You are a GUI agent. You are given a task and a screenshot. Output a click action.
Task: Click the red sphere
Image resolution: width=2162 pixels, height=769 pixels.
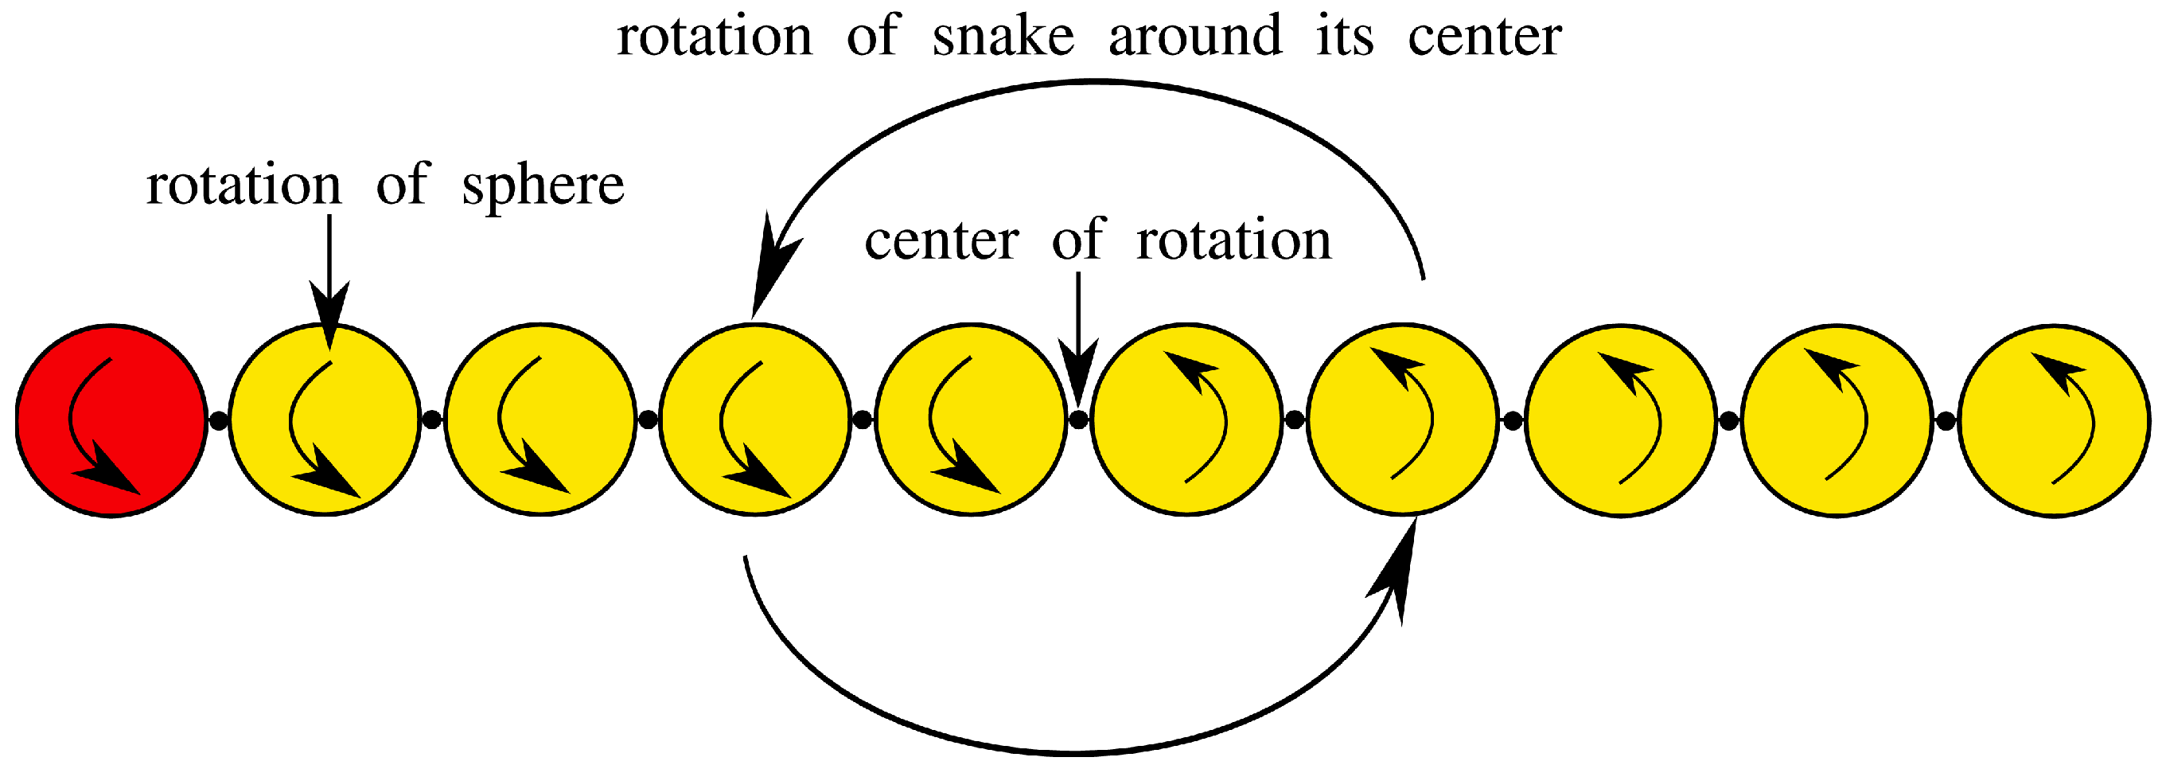111,420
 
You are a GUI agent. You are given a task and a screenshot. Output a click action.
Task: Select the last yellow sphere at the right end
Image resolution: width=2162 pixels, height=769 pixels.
2054,420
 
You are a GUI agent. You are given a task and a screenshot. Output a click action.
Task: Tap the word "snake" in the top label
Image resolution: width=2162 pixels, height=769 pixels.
1003,37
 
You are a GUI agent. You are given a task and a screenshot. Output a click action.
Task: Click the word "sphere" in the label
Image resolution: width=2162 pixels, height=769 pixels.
543,185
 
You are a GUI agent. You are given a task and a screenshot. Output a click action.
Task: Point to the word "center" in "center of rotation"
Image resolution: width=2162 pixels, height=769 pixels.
941,241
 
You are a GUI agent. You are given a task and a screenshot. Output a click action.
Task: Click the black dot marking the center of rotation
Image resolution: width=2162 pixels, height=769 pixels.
1078,418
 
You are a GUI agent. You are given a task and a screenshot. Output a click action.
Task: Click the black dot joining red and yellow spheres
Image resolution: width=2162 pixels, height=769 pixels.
217,420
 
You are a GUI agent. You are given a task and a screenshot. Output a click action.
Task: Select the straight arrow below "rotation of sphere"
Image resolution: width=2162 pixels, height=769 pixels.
329,277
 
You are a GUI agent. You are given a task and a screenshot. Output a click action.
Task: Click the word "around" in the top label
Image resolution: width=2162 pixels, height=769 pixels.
1195,37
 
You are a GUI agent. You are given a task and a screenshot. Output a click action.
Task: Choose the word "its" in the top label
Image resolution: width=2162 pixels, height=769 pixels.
1345,37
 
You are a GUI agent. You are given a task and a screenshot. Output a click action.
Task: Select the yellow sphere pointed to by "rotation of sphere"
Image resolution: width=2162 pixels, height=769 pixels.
325,420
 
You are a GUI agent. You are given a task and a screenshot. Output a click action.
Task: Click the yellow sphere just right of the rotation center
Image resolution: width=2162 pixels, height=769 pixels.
1186,420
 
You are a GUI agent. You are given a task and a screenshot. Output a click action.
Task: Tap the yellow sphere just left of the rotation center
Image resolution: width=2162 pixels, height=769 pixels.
970,420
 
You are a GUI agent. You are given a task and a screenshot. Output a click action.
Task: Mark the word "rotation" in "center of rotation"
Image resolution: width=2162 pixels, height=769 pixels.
1233,241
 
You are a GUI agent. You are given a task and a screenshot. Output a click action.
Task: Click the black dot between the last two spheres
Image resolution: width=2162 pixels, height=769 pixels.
1946,420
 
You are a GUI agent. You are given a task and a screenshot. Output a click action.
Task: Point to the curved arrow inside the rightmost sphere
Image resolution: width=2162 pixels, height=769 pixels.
2073,420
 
